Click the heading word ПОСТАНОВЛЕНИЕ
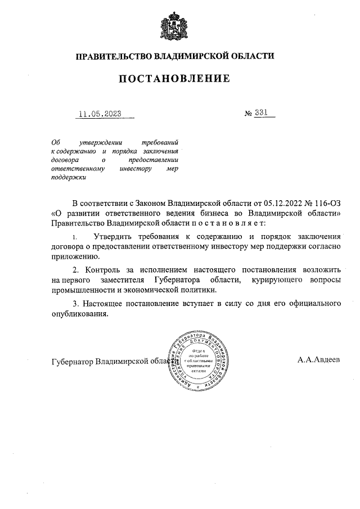coord(174,79)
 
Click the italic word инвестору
coord(136,168)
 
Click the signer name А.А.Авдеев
coord(319,359)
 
